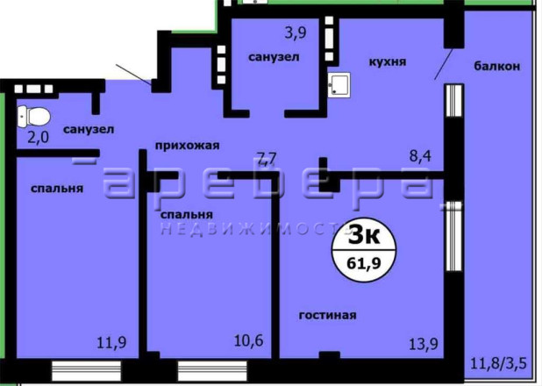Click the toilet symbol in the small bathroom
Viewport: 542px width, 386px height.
pos(33,117)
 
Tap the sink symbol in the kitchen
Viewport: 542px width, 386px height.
pos(339,84)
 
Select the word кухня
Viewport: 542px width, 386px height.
pos(388,62)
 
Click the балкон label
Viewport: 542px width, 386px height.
pos(496,66)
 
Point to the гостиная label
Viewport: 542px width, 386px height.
pos(327,315)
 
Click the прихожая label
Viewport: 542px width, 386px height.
pos(187,146)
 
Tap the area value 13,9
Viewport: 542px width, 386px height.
pos(424,344)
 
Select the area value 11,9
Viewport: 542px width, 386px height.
pos(111,343)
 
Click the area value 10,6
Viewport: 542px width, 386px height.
pos(248,340)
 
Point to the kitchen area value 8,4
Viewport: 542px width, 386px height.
pos(420,156)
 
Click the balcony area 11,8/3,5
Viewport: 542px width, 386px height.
pos(498,364)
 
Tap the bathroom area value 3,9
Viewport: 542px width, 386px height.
pos(296,33)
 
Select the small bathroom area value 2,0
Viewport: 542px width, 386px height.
pos(38,138)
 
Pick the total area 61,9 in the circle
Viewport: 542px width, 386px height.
pos(364,263)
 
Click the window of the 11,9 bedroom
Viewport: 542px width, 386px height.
pos(87,370)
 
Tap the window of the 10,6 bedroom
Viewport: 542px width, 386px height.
pos(212,370)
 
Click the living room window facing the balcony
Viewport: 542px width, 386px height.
pos(454,235)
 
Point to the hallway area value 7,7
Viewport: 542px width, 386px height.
pos(267,159)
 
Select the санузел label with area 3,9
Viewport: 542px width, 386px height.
pos(274,57)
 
